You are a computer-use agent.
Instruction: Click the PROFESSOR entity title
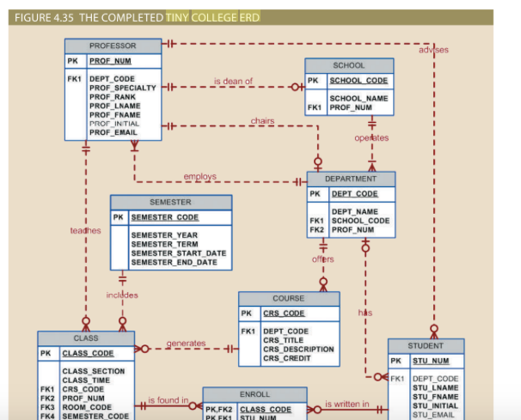(112, 45)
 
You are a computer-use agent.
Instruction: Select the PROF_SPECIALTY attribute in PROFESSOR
(122, 88)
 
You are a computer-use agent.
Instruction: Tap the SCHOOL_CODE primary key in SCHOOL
(359, 81)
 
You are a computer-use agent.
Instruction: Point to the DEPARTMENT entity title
(351, 179)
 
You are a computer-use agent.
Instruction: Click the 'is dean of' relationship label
(233, 82)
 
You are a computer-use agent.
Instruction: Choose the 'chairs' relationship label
(262, 121)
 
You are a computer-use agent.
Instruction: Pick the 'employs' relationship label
(199, 177)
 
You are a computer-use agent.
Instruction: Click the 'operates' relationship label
(371, 137)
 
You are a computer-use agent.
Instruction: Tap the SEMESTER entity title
(170, 202)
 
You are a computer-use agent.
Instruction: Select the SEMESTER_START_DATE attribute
(179, 253)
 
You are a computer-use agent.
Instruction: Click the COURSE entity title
(288, 298)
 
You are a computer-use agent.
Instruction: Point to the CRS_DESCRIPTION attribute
(298, 349)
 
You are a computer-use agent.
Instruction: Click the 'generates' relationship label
(186, 344)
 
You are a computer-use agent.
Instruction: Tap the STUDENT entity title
(426, 345)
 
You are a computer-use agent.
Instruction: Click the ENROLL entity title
(254, 393)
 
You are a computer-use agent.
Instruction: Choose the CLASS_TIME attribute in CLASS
(85, 380)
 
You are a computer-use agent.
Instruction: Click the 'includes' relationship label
(122, 295)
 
